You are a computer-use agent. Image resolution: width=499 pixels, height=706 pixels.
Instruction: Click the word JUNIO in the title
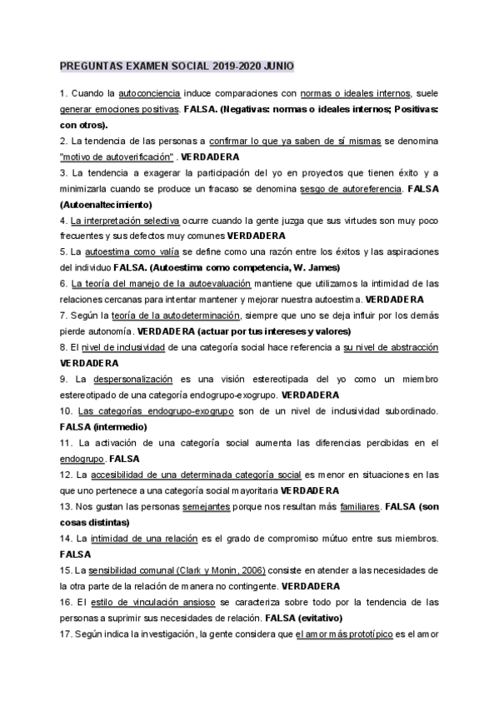pyautogui.click(x=277, y=66)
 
